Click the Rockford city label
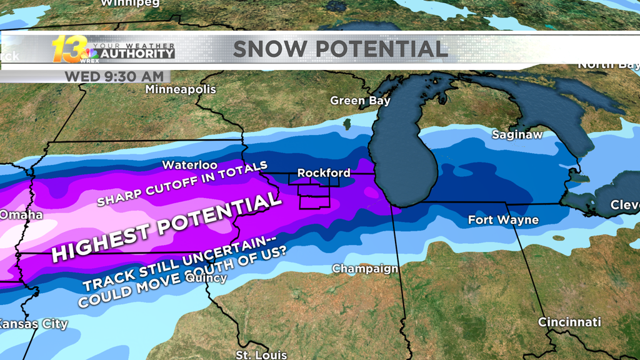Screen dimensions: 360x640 pyautogui.click(x=324, y=172)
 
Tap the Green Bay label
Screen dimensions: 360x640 pyautogui.click(x=360, y=101)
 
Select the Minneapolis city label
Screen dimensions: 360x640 pyautogui.click(x=181, y=89)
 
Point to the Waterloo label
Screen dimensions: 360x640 pyautogui.click(x=190, y=165)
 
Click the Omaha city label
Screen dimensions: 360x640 pyautogui.click(x=21, y=215)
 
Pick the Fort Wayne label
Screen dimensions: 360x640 pyautogui.click(x=503, y=220)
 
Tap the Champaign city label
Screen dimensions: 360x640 pyautogui.click(x=365, y=269)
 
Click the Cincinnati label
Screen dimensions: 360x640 pyautogui.click(x=569, y=322)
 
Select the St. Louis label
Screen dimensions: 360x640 pyautogui.click(x=261, y=355)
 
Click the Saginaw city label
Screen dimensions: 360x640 pyautogui.click(x=517, y=134)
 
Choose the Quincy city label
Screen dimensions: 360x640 pyautogui.click(x=206, y=277)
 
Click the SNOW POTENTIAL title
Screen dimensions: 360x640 pyautogui.click(x=341, y=49)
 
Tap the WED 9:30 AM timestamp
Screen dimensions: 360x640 pyautogui.click(x=114, y=76)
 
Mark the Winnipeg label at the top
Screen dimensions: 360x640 pyautogui.click(x=130, y=3)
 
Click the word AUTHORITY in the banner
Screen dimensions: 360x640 pyautogui.click(x=137, y=54)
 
